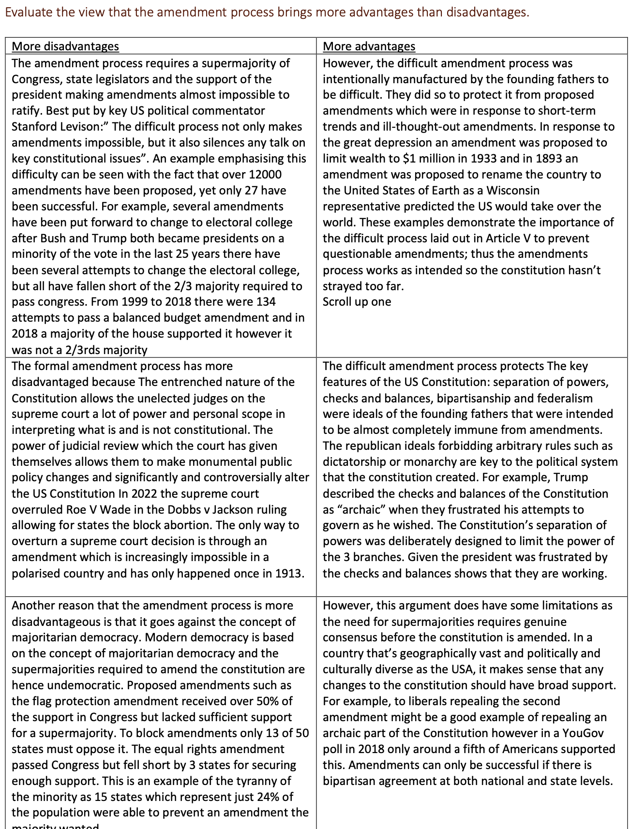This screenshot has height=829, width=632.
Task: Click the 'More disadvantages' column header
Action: pos(65,46)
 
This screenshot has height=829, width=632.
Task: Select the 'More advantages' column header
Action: pos(369,46)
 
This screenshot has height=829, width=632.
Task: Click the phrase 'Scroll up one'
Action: pos(357,302)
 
